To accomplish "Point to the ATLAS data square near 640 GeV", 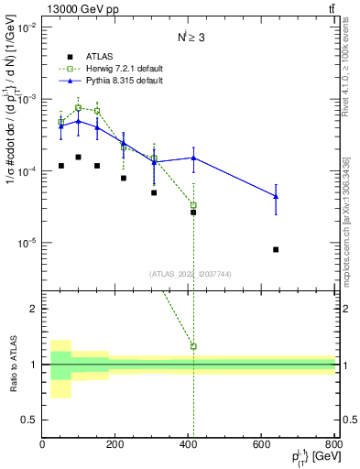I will pos(276,249).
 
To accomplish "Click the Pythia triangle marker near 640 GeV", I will pos(276,196).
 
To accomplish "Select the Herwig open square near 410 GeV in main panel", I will pos(193,205).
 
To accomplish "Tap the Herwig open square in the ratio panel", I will pos(193,346).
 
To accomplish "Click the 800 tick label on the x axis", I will pos(334,443).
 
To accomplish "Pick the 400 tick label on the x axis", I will pos(189,443).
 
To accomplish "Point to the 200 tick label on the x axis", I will pos(115,443).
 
